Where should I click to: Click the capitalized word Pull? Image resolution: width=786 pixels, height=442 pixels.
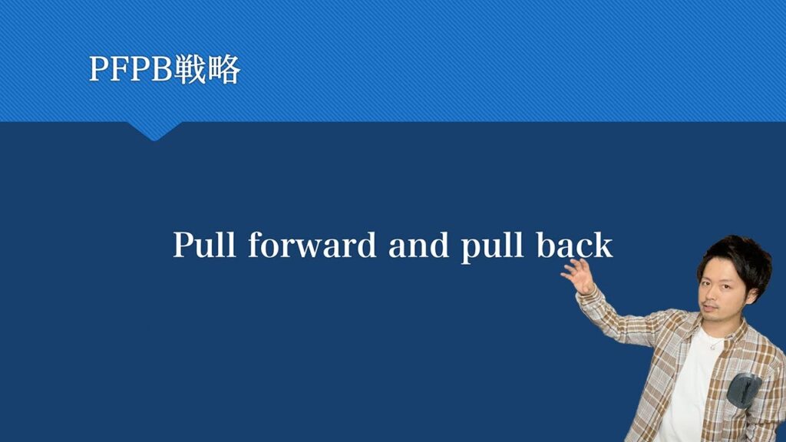point(204,245)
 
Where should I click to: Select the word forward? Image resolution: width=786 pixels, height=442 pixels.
point(312,244)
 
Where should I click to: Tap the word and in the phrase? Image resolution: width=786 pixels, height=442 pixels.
point(418,245)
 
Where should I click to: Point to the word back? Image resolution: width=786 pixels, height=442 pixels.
point(575,245)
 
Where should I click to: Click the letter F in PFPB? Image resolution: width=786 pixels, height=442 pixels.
point(119,68)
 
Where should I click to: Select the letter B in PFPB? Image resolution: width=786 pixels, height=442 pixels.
point(161,68)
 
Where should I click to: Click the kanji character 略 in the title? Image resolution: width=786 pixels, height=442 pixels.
point(224,68)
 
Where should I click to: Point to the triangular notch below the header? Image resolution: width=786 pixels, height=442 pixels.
point(154,130)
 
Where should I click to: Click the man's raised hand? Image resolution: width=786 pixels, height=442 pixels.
point(578,276)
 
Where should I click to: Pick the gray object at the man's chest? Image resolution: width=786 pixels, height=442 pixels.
point(744,389)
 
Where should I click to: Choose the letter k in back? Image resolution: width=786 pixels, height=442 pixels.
point(603,245)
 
